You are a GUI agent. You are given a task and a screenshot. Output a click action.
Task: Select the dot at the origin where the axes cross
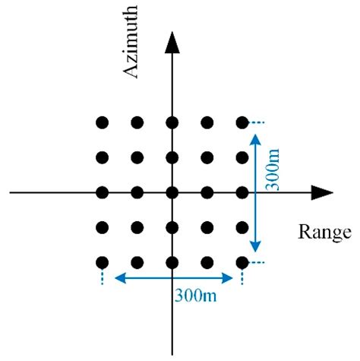click(172, 192)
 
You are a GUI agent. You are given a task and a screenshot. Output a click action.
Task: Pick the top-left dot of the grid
click(103, 122)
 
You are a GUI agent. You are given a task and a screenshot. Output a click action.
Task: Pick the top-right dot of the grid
click(242, 122)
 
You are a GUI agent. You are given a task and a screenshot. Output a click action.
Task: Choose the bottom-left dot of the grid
click(103, 262)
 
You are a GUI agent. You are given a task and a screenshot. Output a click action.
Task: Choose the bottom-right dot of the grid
click(242, 262)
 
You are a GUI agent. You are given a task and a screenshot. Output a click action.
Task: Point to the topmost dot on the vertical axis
click(172, 122)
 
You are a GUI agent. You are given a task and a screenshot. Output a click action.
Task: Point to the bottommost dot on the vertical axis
click(172, 262)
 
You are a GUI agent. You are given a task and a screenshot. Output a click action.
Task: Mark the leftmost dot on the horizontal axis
click(103, 192)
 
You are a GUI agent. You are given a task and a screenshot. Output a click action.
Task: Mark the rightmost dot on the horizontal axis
click(242, 192)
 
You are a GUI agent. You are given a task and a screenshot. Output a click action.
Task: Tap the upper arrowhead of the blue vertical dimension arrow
click(256, 139)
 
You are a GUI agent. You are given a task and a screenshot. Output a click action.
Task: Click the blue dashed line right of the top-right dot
click(258, 122)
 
